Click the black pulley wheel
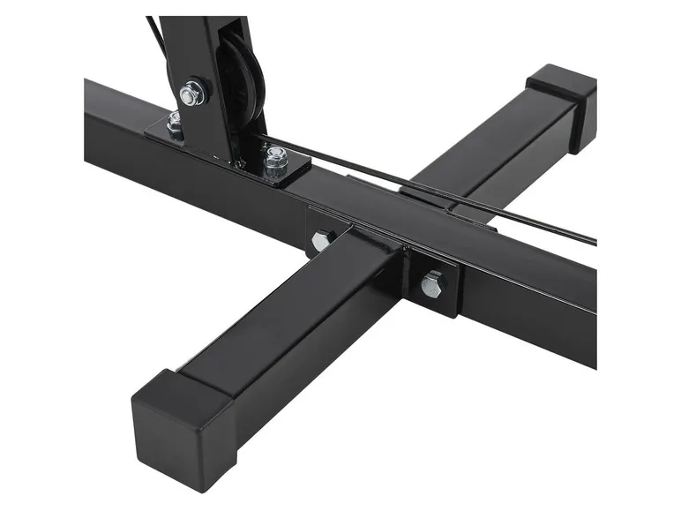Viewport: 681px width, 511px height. (x=240, y=84)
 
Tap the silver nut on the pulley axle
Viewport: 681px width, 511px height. (x=191, y=92)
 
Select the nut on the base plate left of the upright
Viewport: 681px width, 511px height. (x=175, y=121)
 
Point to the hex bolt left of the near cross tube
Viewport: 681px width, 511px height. (x=320, y=240)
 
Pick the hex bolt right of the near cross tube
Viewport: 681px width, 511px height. (x=432, y=284)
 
